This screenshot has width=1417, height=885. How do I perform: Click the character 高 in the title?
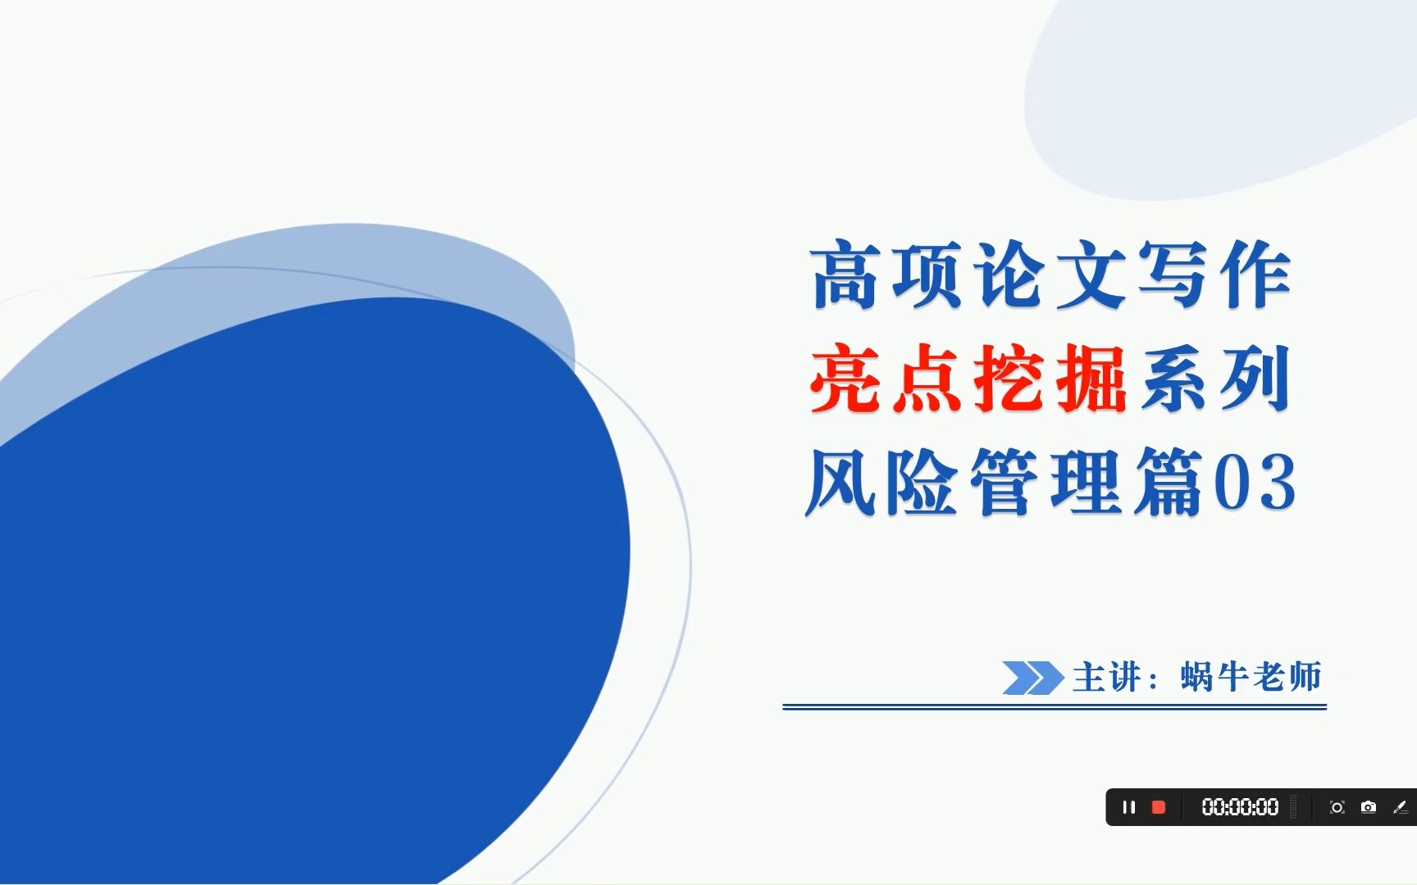coord(845,276)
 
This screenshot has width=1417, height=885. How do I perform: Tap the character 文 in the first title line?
coord(1091,276)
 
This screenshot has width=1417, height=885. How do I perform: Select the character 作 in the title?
coord(1255,276)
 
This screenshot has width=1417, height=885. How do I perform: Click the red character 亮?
coord(845,379)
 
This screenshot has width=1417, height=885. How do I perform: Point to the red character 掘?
coord(1091,379)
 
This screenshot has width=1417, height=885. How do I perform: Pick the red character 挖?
coord(1009,379)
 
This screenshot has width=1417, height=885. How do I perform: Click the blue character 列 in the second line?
coord(1255,379)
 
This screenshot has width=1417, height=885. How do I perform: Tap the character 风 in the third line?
coord(840,483)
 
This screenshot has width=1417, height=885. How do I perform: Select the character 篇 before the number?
coord(1168,483)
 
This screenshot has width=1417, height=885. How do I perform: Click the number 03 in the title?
coord(1255,483)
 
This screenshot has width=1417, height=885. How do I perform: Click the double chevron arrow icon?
coord(1032,678)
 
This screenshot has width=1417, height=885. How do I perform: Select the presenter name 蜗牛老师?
coord(1251,678)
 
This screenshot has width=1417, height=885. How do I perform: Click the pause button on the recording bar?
coord(1129,807)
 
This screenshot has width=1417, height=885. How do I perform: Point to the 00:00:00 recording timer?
coord(1240,807)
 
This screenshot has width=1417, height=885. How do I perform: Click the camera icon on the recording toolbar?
coord(1369,807)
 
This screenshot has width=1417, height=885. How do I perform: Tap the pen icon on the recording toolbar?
coord(1401,807)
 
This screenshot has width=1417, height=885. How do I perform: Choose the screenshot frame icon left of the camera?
coord(1337,807)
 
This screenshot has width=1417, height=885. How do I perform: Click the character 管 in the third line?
coord(1004,483)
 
